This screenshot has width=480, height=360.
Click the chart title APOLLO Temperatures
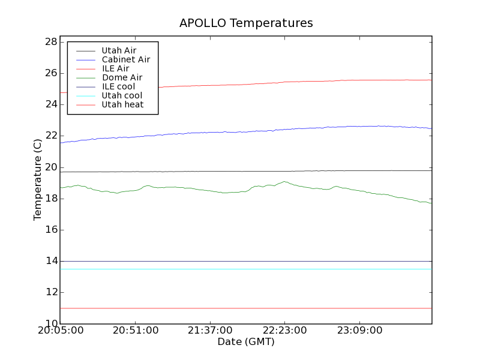click(246, 23)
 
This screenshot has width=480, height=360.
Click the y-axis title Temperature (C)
click(38, 179)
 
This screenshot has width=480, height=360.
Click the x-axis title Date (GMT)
click(246, 341)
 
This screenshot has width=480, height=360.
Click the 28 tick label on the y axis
click(50, 42)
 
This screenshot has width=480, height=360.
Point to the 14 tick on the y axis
click(50, 261)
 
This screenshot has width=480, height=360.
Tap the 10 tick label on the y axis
click(50, 323)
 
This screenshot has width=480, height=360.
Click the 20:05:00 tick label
click(60, 331)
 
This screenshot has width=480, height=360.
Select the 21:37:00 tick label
click(209, 331)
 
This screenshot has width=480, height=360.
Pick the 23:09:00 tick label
click(359, 331)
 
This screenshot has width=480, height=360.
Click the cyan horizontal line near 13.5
click(240, 269)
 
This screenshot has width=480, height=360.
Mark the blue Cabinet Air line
click(240, 131)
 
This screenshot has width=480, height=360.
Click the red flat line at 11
click(240, 308)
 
